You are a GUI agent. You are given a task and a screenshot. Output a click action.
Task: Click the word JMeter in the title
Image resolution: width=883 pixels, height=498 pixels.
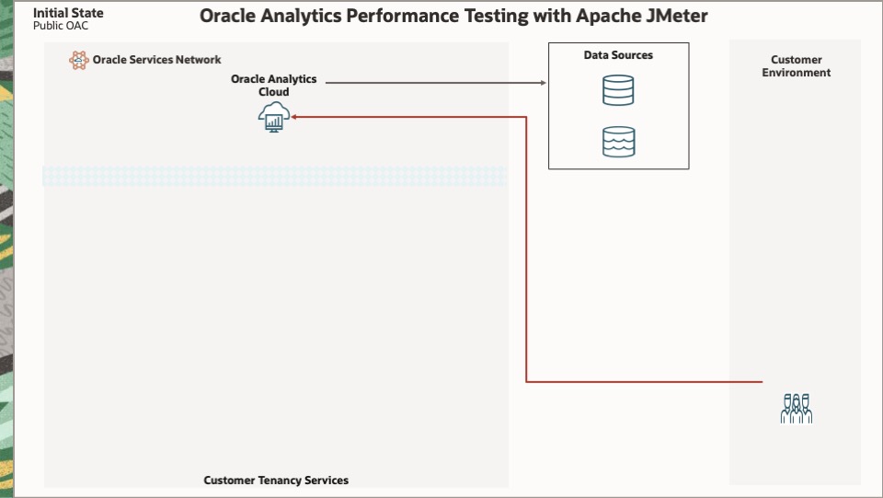(x=676, y=17)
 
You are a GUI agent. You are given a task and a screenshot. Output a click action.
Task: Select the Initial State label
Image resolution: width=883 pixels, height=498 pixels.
(x=68, y=13)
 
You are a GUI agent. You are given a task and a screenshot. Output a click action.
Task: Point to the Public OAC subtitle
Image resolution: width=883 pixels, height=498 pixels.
(x=61, y=26)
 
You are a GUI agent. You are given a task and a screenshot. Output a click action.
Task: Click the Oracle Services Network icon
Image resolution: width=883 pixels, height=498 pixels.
(x=79, y=61)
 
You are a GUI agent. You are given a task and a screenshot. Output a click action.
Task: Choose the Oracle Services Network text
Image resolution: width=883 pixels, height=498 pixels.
(x=156, y=60)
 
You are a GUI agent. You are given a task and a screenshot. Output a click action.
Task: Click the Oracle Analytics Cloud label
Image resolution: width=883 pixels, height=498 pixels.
(x=273, y=86)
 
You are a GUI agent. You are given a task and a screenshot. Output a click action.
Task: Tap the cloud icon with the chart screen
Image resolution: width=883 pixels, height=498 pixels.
(x=274, y=117)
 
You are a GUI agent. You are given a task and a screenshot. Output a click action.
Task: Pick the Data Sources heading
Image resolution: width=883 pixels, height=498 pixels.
(x=618, y=55)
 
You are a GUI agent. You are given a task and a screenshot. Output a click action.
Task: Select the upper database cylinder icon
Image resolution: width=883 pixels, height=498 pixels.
(x=618, y=90)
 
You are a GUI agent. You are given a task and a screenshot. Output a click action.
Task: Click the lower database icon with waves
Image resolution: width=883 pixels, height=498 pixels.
(x=618, y=142)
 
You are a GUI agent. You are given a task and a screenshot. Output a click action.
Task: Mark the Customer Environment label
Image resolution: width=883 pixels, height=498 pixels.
(x=796, y=66)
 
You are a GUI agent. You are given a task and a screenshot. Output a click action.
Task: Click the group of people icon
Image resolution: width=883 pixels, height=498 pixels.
(x=797, y=409)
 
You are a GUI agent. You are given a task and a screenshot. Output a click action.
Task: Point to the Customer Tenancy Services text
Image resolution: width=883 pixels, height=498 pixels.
(x=276, y=481)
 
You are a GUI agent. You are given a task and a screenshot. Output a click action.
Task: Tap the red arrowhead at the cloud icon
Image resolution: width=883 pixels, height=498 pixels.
(x=294, y=117)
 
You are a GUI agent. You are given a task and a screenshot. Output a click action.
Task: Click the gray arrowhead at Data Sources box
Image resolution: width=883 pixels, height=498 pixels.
(x=543, y=83)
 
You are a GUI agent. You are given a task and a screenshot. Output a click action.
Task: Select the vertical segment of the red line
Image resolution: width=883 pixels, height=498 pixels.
(x=526, y=249)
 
